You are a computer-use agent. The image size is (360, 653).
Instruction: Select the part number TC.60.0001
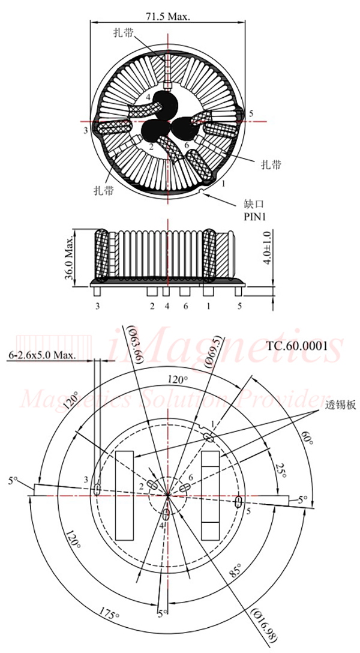point(296,345)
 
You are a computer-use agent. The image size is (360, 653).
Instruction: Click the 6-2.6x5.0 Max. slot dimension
point(42,355)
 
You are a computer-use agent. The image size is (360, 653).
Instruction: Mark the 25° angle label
point(278,471)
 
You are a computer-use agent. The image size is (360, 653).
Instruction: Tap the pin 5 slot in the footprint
point(239,501)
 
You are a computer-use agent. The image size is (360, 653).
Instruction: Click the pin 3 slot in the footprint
point(97,490)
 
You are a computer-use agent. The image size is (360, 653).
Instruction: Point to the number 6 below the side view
point(186,306)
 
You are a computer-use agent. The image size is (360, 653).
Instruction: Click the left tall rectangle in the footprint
point(124,495)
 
